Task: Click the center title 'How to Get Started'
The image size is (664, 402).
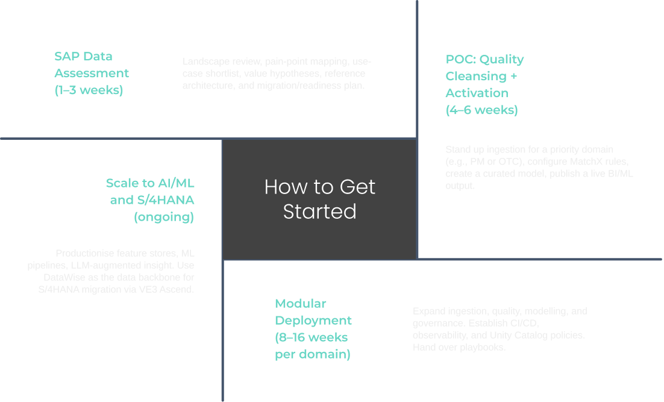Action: pos(319,199)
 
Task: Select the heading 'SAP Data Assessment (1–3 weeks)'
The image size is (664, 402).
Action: pos(92,73)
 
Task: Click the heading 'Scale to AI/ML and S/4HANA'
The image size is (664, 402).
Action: pos(150,191)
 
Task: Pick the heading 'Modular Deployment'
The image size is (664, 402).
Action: pos(313,312)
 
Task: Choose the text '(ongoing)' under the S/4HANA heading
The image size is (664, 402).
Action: pos(164,217)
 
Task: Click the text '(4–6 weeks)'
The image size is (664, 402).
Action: pos(481,110)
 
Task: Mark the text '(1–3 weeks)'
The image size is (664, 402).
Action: pos(89,90)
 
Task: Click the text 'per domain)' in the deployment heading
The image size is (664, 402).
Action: pos(312,354)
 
